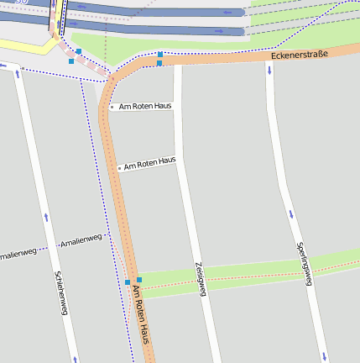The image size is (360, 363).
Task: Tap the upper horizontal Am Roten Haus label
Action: (x=146, y=107)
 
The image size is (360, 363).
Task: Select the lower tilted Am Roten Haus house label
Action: (x=150, y=162)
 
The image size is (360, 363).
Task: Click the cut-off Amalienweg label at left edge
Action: (x=17, y=253)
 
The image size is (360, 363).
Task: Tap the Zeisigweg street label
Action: (x=201, y=277)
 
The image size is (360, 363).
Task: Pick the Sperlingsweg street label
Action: (x=304, y=264)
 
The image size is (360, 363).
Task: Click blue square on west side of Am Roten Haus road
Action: (x=128, y=281)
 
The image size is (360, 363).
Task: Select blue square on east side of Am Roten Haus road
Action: (x=139, y=279)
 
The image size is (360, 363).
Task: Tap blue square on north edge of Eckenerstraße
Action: (x=159, y=54)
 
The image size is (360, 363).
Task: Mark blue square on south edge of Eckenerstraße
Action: (x=159, y=63)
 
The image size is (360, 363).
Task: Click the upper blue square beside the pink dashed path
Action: (x=79, y=51)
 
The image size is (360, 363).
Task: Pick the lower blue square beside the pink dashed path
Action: (x=71, y=61)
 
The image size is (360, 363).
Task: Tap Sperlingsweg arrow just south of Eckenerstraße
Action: (x=269, y=69)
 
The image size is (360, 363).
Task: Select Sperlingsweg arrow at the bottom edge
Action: (x=324, y=356)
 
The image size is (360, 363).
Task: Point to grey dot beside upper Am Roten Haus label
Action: (x=112, y=107)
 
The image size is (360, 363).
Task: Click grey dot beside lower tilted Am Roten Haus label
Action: (x=119, y=168)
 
